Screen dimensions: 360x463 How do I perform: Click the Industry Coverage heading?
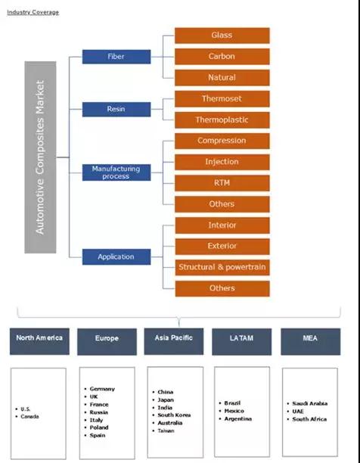click(33, 12)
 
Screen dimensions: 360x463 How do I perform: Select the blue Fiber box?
click(116, 57)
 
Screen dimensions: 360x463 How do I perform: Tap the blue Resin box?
click(116, 109)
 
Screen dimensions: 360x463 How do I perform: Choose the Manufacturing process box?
click(116, 172)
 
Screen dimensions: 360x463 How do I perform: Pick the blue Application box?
click(116, 256)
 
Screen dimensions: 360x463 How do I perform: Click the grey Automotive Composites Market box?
click(40, 157)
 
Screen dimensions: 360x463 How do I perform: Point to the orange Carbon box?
click(222, 57)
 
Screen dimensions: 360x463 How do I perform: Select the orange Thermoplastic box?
click(222, 120)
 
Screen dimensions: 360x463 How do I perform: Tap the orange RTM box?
click(222, 183)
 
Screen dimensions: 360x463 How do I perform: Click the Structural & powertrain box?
click(222, 267)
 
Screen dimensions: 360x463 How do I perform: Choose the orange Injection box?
click(222, 162)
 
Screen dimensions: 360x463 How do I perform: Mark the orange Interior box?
click(222, 225)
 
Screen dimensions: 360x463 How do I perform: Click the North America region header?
click(39, 341)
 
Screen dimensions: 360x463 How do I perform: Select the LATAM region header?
click(242, 342)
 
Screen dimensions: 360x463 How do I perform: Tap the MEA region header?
click(310, 342)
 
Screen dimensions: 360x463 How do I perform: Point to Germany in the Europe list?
click(102, 389)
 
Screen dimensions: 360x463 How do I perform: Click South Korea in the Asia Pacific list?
click(174, 415)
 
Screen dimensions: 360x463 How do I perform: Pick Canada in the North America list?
click(29, 416)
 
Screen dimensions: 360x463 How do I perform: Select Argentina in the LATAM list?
click(237, 418)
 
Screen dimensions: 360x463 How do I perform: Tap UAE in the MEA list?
click(298, 411)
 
